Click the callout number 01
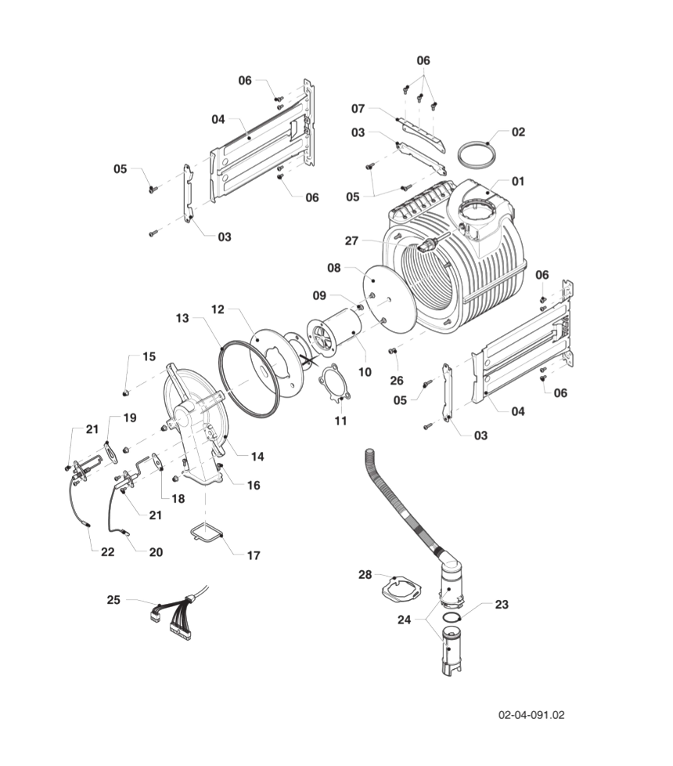518,181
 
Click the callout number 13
182,319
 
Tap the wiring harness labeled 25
176,609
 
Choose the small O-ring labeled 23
451,618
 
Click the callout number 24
404,619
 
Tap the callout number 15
149,356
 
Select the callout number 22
107,551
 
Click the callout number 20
156,551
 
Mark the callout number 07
358,107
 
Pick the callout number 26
397,381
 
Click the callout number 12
218,309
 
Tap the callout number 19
129,417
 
